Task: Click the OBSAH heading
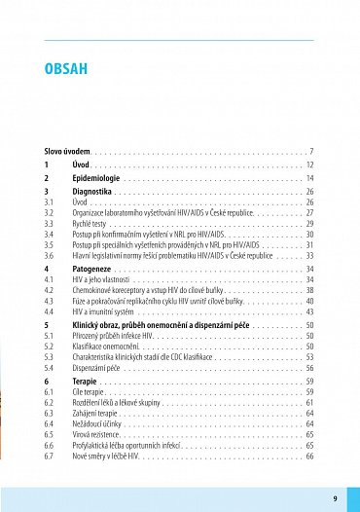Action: [66, 68]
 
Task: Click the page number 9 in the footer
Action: [334, 498]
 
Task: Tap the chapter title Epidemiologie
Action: [95, 179]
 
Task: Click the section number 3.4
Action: [50, 235]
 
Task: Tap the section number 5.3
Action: [50, 357]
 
